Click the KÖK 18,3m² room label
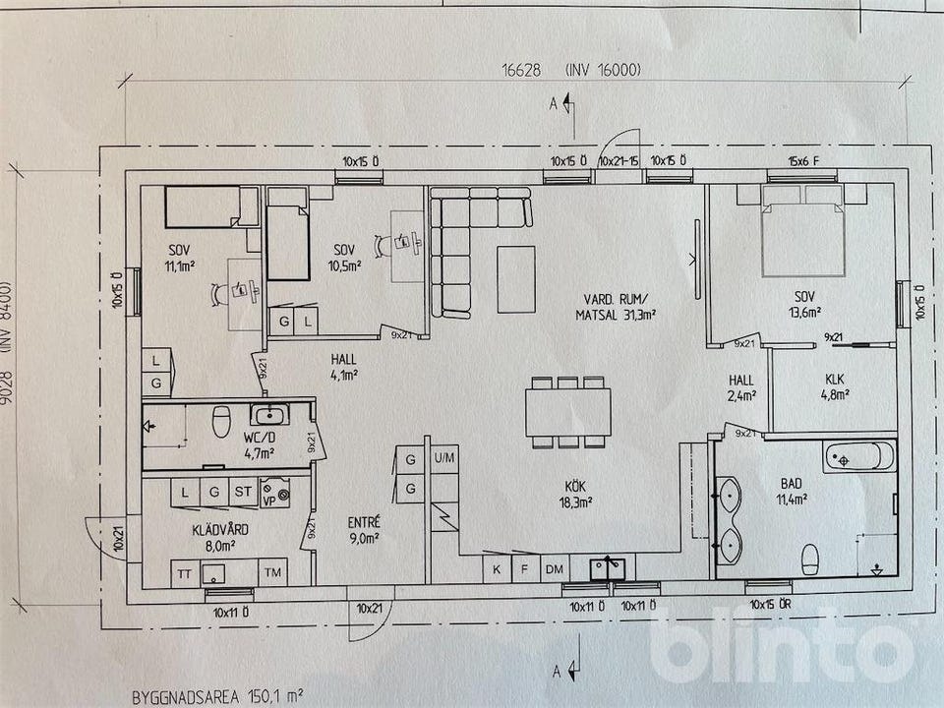click(575, 495)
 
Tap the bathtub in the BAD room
click(859, 457)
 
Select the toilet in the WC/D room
click(221, 421)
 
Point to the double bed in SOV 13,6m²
click(803, 230)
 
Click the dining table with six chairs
click(567, 412)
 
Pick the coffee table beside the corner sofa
click(516, 279)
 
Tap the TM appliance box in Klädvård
click(272, 572)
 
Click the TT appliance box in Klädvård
click(185, 573)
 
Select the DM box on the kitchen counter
click(555, 569)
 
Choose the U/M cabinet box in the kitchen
click(444, 458)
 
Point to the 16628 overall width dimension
click(521, 71)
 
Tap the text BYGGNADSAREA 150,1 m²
click(216, 697)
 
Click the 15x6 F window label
click(803, 161)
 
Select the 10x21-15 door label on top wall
click(619, 161)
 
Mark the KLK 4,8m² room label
click(835, 386)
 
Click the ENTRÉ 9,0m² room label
click(364, 530)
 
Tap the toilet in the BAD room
click(810, 560)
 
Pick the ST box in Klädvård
click(243, 492)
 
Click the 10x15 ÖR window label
click(770, 605)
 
